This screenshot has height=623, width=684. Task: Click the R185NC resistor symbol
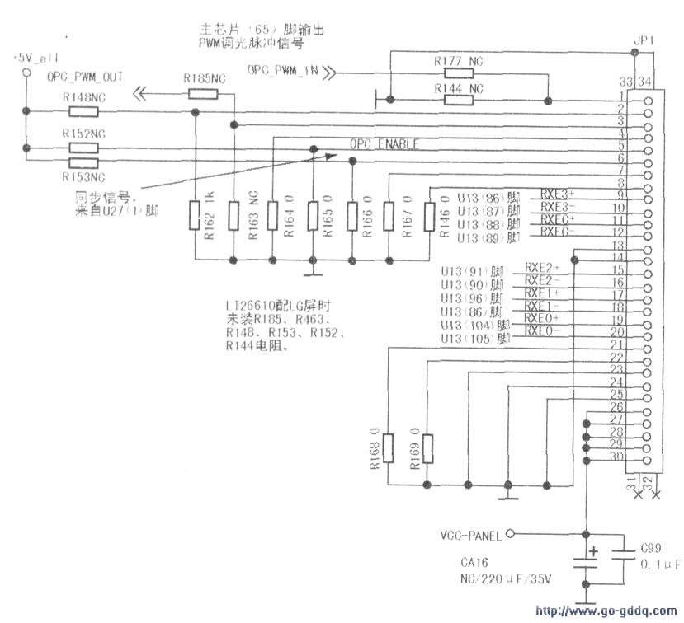(x=203, y=93)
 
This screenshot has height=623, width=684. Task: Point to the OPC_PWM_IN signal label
(x=282, y=71)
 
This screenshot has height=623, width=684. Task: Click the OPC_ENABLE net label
(x=384, y=144)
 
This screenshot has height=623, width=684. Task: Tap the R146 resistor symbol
(x=429, y=217)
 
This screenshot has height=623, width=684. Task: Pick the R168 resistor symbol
(x=388, y=448)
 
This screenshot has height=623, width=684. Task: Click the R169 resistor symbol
(x=427, y=448)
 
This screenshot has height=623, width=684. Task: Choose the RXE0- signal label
(x=541, y=330)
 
